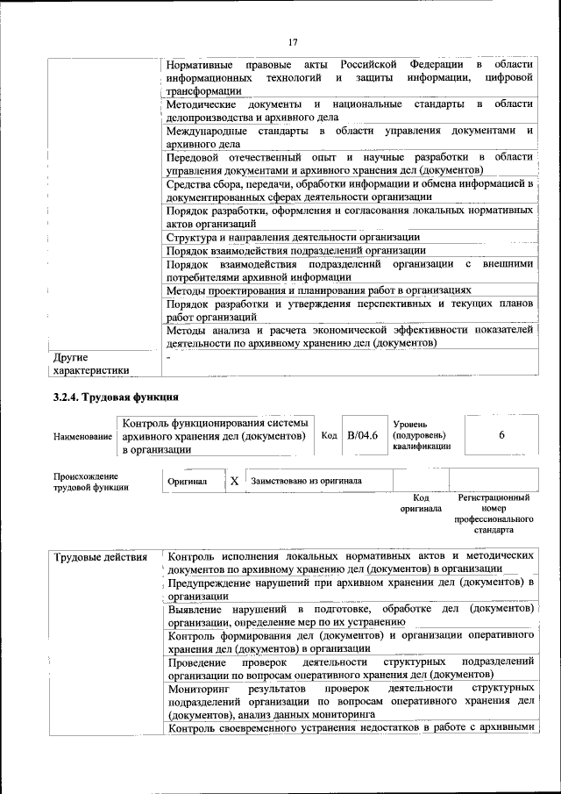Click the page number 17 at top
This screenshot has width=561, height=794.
click(293, 41)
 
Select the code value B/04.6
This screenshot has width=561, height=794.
click(361, 436)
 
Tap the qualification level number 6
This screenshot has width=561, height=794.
click(501, 435)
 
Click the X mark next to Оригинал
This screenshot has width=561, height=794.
click(234, 482)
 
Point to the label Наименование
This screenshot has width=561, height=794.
click(83, 437)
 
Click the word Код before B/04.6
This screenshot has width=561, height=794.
click(329, 436)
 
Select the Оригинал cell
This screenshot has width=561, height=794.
click(188, 482)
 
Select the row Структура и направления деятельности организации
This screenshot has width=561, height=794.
click(293, 238)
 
